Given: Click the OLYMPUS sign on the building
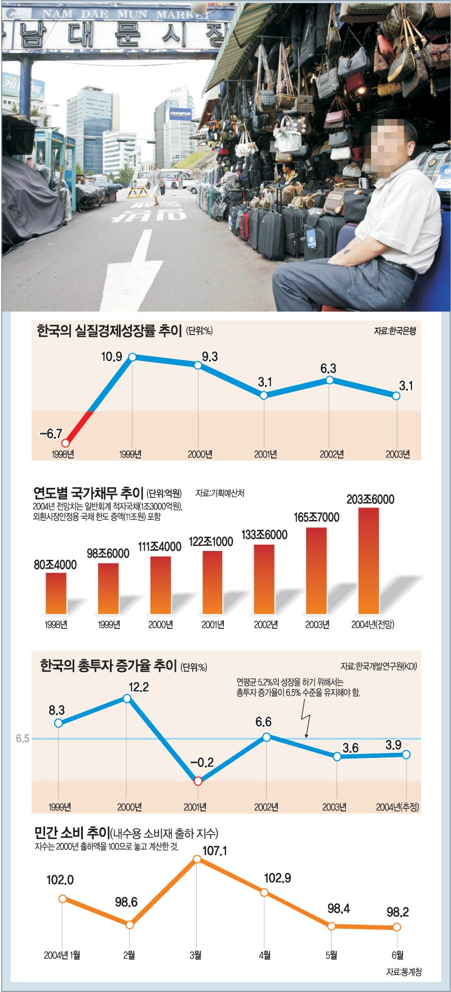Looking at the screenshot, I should tap(180, 114).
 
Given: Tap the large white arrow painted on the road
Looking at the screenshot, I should tap(129, 271).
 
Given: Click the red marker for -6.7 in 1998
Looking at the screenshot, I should tap(66, 443).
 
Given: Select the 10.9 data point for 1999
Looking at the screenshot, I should tap(132, 357).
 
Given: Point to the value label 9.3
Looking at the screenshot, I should tap(209, 356).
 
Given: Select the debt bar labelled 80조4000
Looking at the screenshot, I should tap(56, 593).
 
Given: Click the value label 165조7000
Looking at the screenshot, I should tap(316, 517).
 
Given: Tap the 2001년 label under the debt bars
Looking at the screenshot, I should tap(213, 625).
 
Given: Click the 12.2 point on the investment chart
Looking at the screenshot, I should tap(127, 699).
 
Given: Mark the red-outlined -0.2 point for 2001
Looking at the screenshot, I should tap(198, 781).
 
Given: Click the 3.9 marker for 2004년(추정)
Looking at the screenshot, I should tap(406, 755).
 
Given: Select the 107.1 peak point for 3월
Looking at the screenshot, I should tap(197, 859).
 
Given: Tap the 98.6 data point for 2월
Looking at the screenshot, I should tap(130, 925).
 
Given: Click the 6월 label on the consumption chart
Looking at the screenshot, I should tap(397, 955).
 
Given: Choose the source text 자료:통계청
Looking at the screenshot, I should tap(404, 972).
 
